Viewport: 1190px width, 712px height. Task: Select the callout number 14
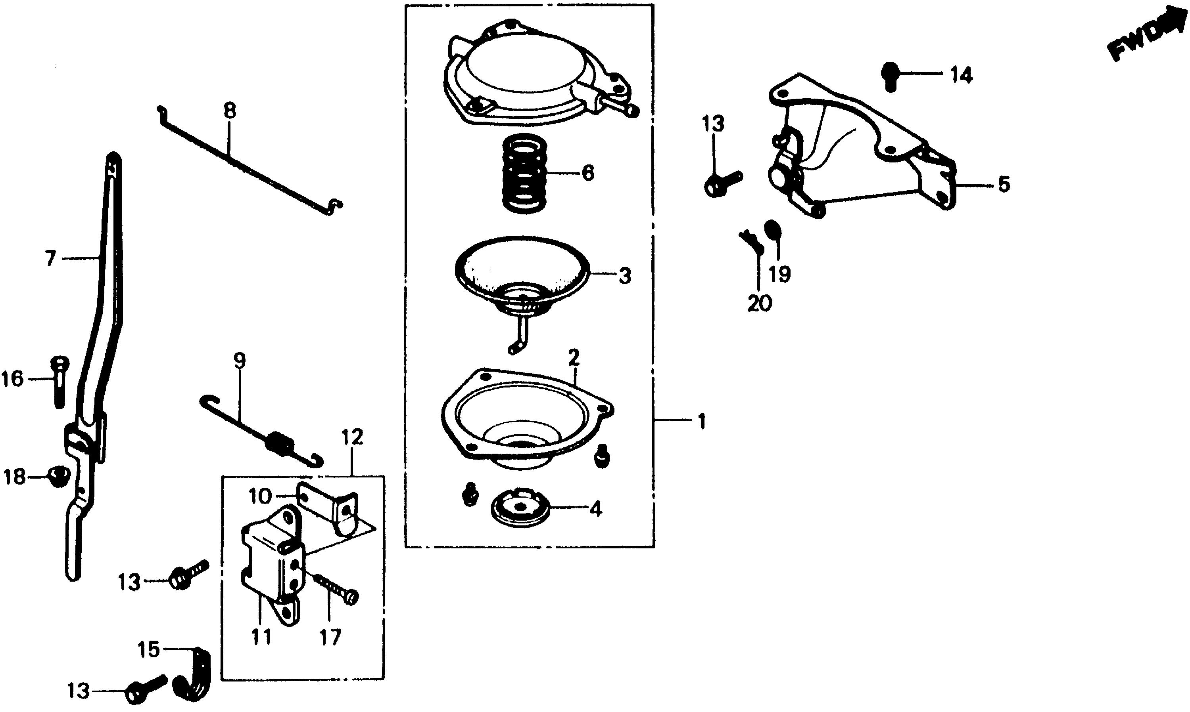[x=962, y=76]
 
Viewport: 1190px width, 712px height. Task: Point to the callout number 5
[x=1003, y=185]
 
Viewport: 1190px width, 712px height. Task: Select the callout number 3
[x=624, y=276]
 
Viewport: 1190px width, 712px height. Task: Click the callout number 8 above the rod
[x=230, y=111]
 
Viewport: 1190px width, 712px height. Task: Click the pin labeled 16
[x=59, y=384]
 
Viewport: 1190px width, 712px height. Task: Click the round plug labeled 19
[x=772, y=231]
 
